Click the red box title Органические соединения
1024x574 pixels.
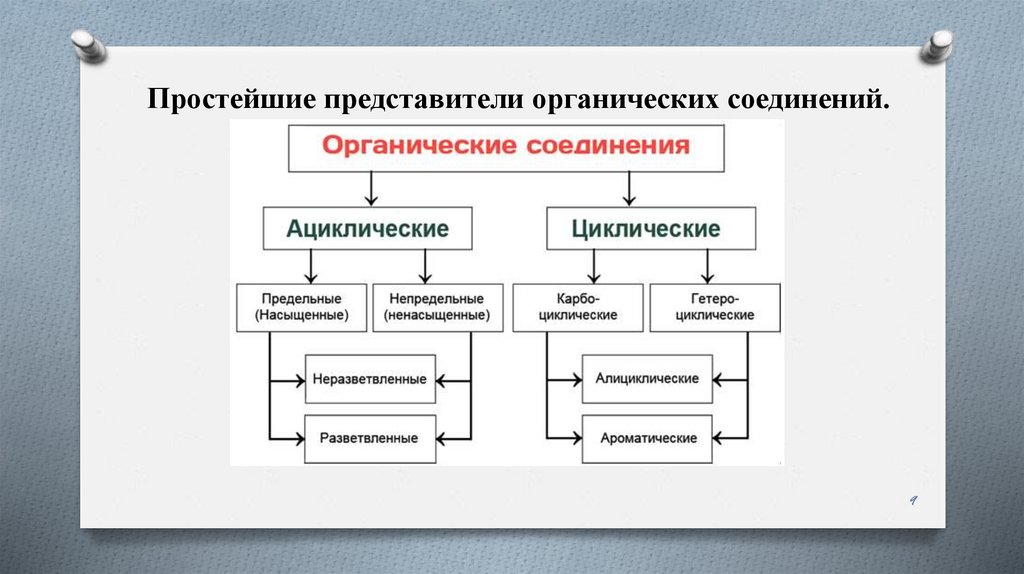[506, 146]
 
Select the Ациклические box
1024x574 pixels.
[368, 229]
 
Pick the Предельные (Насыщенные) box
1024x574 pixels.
[301, 307]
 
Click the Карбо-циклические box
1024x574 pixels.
[577, 307]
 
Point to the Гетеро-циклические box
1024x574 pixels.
[714, 307]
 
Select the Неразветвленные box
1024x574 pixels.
[369, 380]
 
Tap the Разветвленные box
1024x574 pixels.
[369, 438]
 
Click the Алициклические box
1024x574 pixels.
[647, 380]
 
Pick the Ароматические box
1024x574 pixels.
[647, 438]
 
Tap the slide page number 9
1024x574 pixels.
[913, 500]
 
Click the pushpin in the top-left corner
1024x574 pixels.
[88, 45]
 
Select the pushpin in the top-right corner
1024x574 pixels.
[937, 45]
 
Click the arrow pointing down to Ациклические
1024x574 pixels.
[371, 188]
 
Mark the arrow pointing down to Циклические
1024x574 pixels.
[629, 188]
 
